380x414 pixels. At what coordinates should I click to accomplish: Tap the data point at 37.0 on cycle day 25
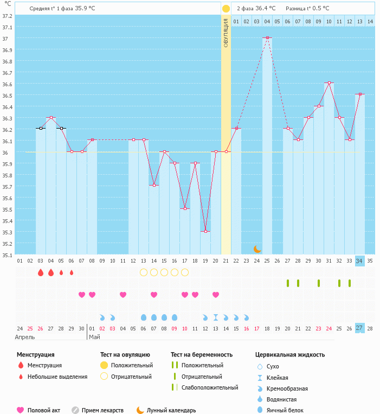tap(267, 38)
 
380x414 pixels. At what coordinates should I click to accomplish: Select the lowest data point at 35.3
tap(205, 232)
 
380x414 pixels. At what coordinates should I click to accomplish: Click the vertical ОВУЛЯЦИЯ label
tap(226, 33)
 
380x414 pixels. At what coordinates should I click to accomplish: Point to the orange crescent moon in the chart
tap(257, 249)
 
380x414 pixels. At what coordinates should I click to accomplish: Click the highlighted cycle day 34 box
tap(359, 261)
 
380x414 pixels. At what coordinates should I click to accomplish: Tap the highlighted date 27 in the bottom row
tap(359, 328)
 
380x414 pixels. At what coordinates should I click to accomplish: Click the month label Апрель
tap(25, 337)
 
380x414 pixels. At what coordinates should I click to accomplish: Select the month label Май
tap(94, 337)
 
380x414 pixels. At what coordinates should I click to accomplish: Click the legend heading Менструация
tap(35, 355)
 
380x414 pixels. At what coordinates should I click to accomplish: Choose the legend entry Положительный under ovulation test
tap(132, 366)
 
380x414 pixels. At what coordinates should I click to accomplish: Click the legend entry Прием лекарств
tap(102, 410)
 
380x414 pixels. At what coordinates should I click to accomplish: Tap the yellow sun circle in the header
tap(226, 9)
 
